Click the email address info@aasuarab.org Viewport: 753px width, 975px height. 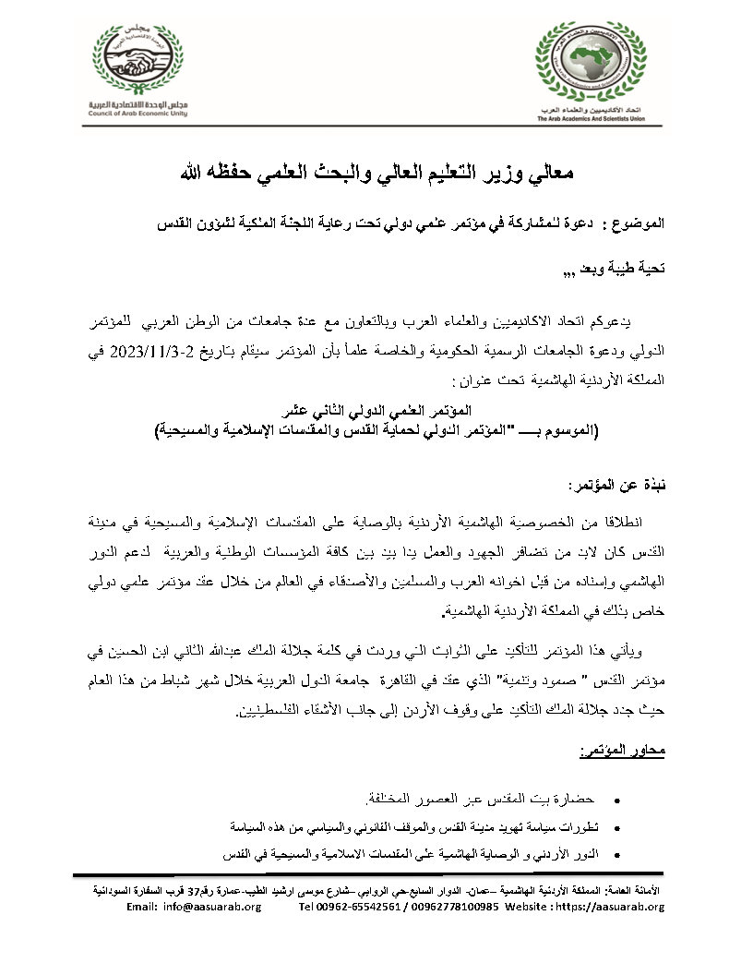click(209, 907)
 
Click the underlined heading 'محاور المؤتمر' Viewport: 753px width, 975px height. click(627, 753)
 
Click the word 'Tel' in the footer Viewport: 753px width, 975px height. click(307, 907)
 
